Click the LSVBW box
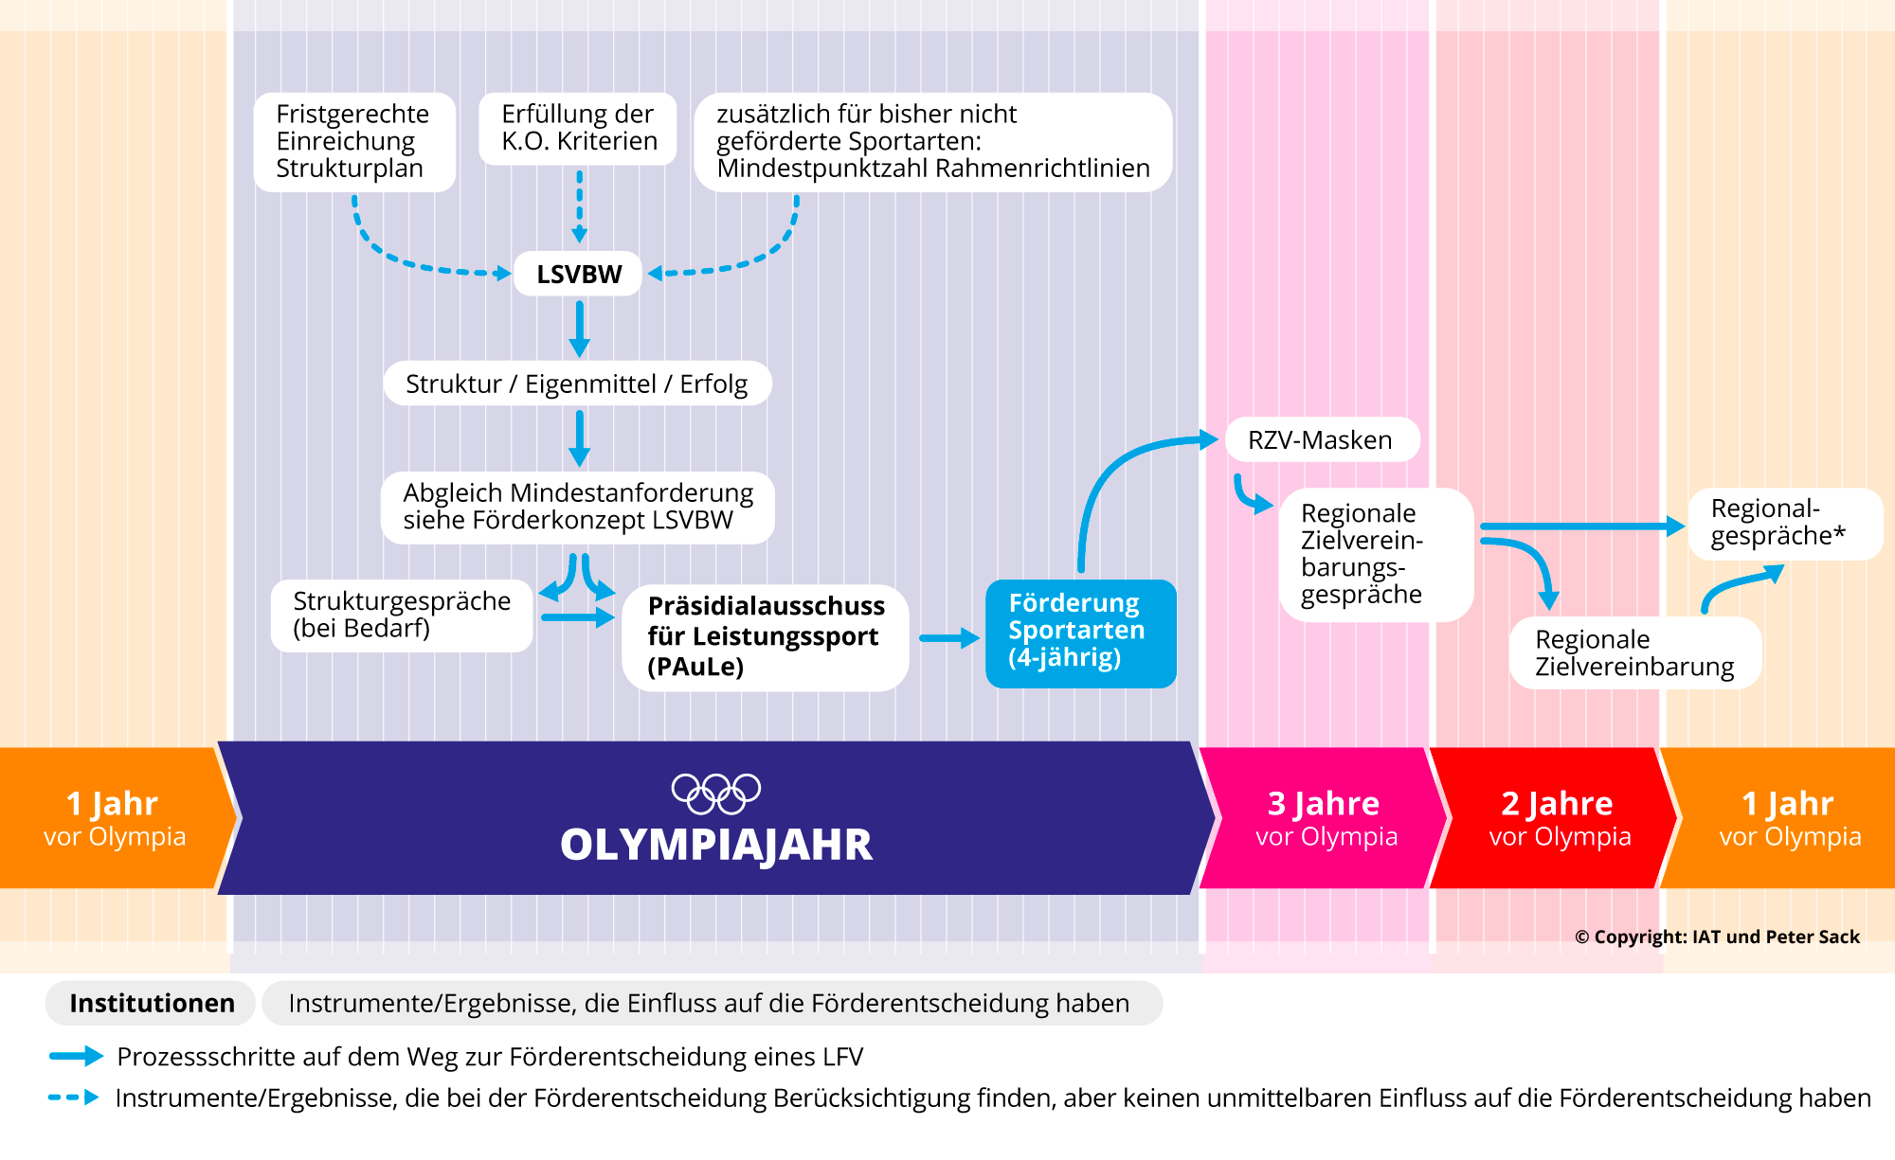578,274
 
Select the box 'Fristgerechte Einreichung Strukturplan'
354,142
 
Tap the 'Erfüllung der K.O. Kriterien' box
578,129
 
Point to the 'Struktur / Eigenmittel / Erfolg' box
577,384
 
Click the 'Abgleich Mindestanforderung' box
577,508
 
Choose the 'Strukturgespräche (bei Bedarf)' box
402,616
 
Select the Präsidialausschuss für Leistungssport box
765,636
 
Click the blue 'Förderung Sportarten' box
1080,633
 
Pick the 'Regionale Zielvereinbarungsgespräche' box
1375,555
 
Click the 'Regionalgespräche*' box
1784,523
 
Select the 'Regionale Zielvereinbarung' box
1634,653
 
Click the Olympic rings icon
716,794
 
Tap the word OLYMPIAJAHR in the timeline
716,845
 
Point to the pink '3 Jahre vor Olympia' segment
1325,818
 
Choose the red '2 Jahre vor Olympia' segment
1559,818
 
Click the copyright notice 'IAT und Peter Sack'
1717,937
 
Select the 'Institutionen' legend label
152,1003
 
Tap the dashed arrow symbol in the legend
74,1098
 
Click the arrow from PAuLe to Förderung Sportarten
948,638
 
